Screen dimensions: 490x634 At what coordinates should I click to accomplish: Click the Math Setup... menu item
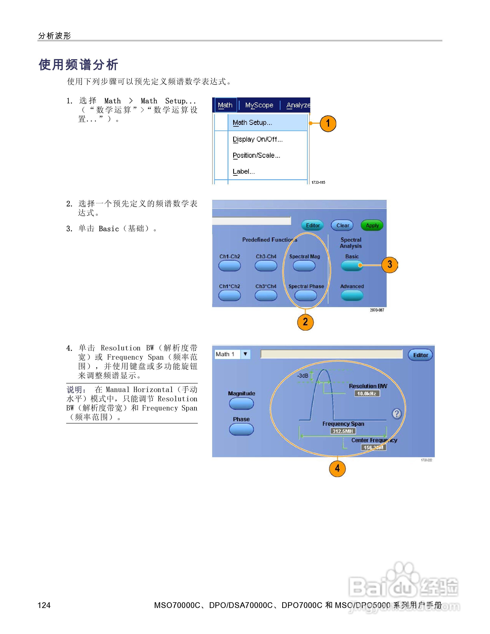coord(252,122)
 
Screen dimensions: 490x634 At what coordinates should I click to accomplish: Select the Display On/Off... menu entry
coord(257,139)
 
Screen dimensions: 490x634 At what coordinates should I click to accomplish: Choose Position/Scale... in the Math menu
coord(256,155)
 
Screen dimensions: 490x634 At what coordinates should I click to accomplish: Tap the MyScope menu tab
coord(259,105)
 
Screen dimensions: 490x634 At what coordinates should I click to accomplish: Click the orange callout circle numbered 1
coord(328,123)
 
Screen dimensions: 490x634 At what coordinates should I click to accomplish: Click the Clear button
coord(342,225)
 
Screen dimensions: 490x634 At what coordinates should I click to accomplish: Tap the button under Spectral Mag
coord(304,266)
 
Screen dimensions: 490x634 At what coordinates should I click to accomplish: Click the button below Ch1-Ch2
coord(229,266)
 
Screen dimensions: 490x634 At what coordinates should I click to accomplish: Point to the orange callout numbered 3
coord(390,264)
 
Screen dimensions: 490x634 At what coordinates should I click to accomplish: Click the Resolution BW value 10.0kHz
coord(367,394)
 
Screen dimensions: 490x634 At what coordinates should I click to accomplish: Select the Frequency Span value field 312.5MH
coord(343,431)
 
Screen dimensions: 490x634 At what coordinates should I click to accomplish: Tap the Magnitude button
coord(241,403)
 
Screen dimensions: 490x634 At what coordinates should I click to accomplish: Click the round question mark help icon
coord(397,413)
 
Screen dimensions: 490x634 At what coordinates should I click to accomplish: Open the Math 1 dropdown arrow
coord(245,354)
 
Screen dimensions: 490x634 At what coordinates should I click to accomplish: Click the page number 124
coord(44,605)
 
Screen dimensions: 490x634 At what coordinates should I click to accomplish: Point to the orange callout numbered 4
coord(337,468)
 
